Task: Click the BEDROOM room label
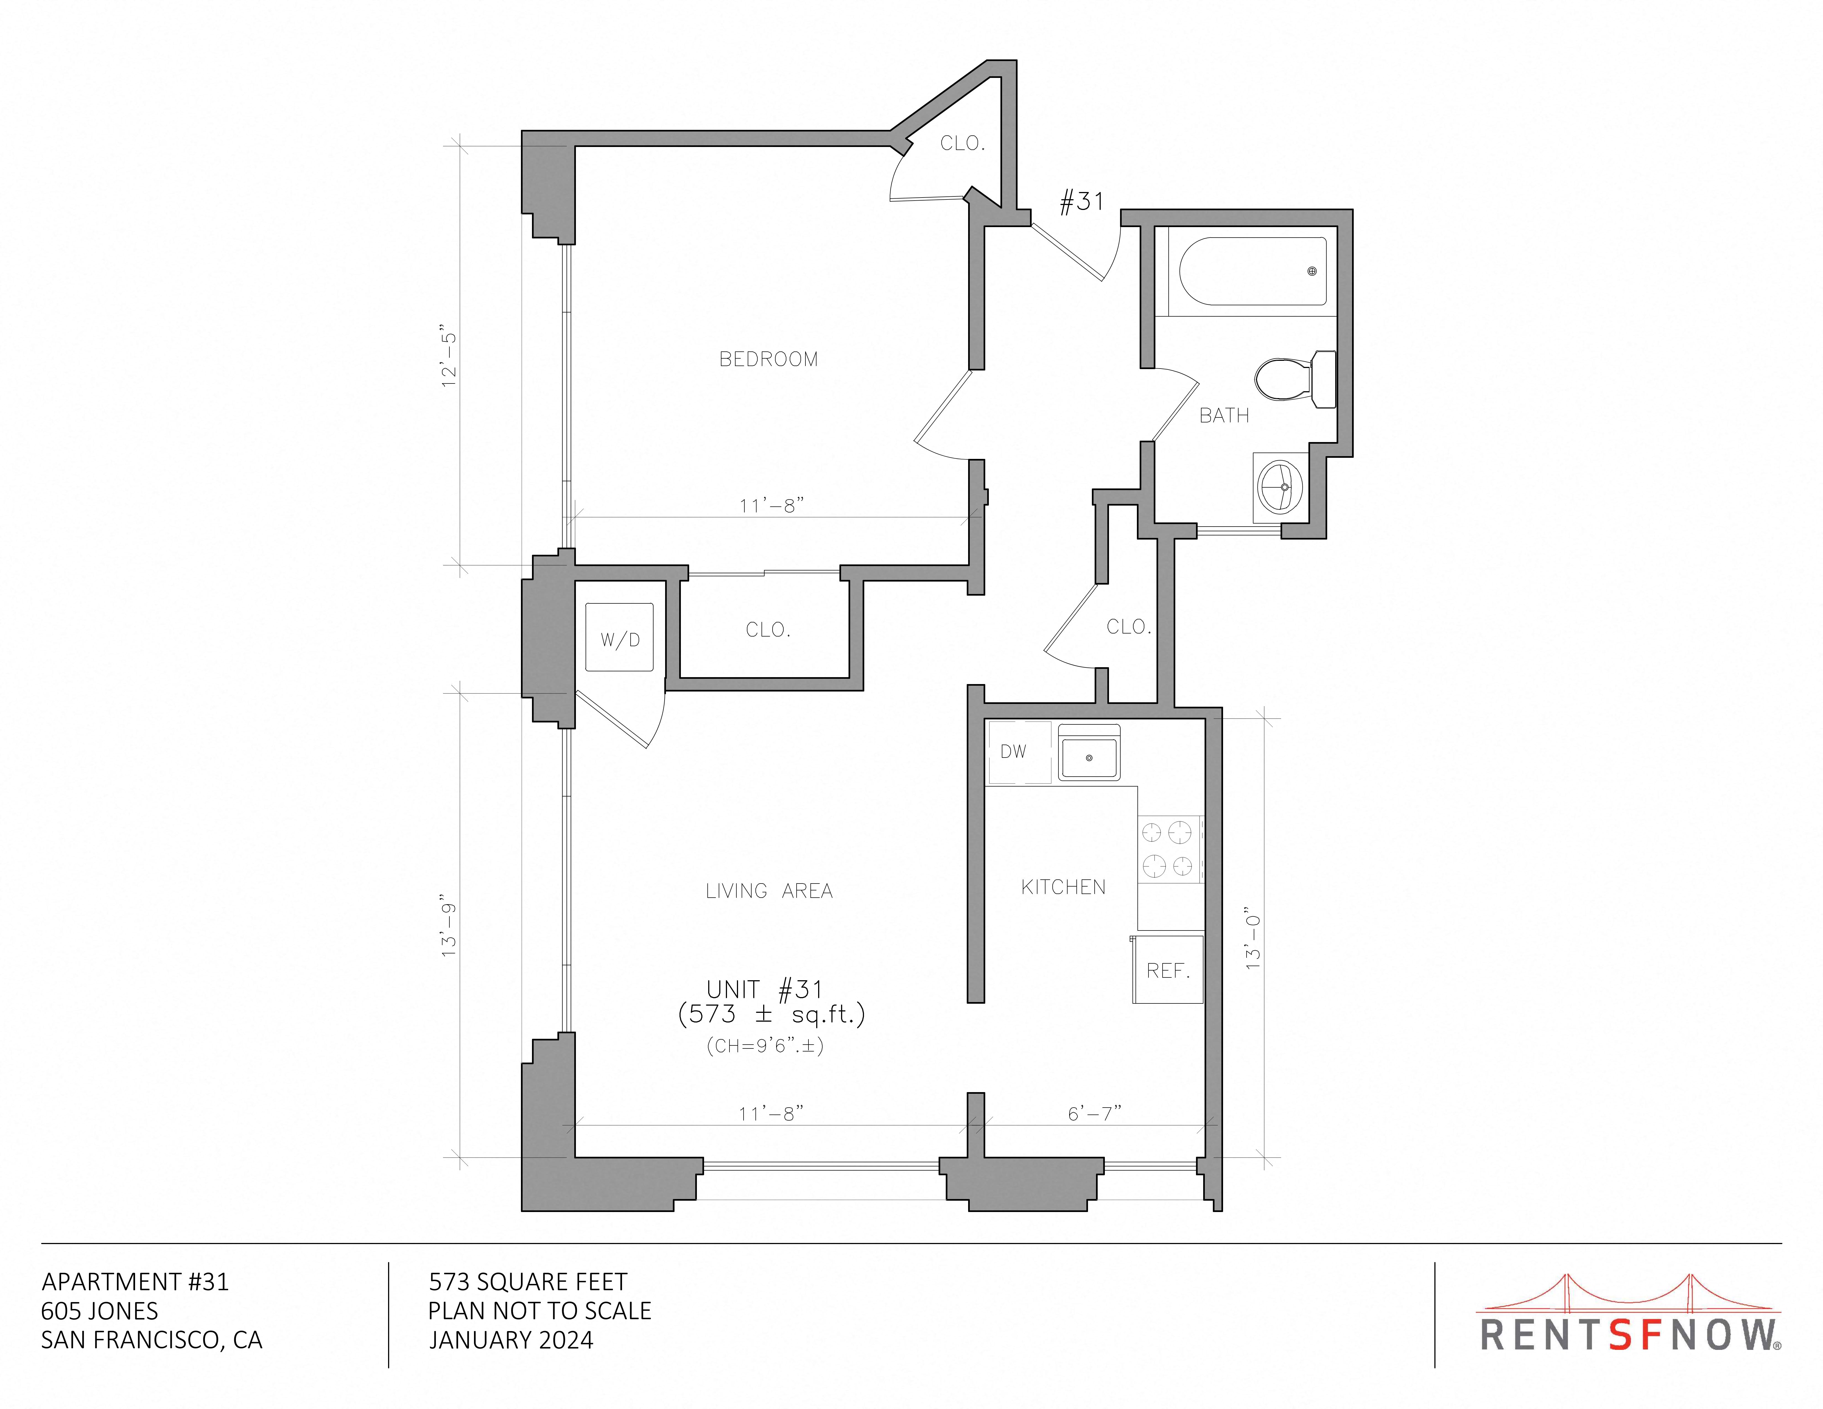768,359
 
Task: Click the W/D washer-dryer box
619,638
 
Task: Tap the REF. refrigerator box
1168,969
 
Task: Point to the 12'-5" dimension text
450,360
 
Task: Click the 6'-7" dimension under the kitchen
1094,1113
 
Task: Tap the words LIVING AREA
769,892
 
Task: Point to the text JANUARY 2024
511,1340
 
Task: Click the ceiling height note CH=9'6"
765,1046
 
